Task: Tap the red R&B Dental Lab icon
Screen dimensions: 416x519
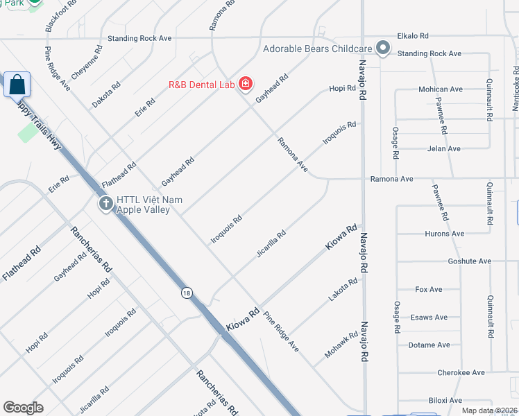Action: click(x=245, y=85)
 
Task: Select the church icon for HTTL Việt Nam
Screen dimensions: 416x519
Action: click(x=105, y=204)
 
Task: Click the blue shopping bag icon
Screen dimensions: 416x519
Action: click(x=18, y=85)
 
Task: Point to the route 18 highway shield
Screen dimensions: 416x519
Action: click(x=186, y=293)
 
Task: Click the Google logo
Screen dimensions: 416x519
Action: click(x=24, y=407)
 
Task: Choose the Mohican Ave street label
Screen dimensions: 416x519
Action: click(x=440, y=89)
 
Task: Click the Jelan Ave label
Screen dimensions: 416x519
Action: click(x=444, y=148)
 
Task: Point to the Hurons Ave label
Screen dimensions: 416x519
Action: click(x=444, y=234)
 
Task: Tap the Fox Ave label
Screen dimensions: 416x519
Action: click(x=428, y=289)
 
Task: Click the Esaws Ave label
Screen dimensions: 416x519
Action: click(x=429, y=317)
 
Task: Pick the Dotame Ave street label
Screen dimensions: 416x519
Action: click(x=429, y=345)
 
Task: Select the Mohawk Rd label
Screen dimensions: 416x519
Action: click(x=341, y=345)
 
